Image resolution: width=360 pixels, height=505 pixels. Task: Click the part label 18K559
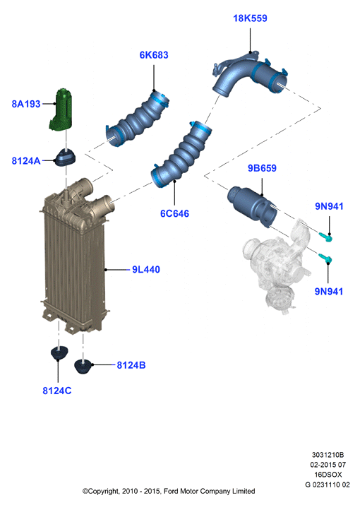click(250, 18)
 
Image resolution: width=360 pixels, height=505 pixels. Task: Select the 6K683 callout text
click(154, 55)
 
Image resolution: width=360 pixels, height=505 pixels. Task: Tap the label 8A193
click(26, 104)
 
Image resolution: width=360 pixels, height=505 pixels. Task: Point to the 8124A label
click(26, 161)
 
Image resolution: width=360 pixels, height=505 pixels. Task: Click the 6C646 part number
click(174, 213)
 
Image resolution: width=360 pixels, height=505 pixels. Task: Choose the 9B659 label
click(262, 168)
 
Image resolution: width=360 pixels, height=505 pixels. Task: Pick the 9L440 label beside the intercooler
click(146, 270)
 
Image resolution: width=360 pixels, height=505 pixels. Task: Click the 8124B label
click(131, 365)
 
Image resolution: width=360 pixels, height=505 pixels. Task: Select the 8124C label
click(57, 391)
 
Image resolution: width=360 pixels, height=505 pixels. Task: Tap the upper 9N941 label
click(329, 206)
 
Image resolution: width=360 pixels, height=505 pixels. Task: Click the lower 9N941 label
click(329, 292)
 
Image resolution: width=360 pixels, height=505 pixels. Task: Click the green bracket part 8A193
click(61, 110)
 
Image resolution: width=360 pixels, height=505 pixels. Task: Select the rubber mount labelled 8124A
click(66, 157)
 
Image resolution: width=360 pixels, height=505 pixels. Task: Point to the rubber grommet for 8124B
click(83, 367)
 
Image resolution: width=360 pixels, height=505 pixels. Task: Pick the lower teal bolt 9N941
click(325, 258)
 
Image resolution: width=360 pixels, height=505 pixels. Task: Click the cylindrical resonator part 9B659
click(252, 206)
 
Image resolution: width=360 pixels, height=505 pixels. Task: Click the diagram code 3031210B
click(328, 455)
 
